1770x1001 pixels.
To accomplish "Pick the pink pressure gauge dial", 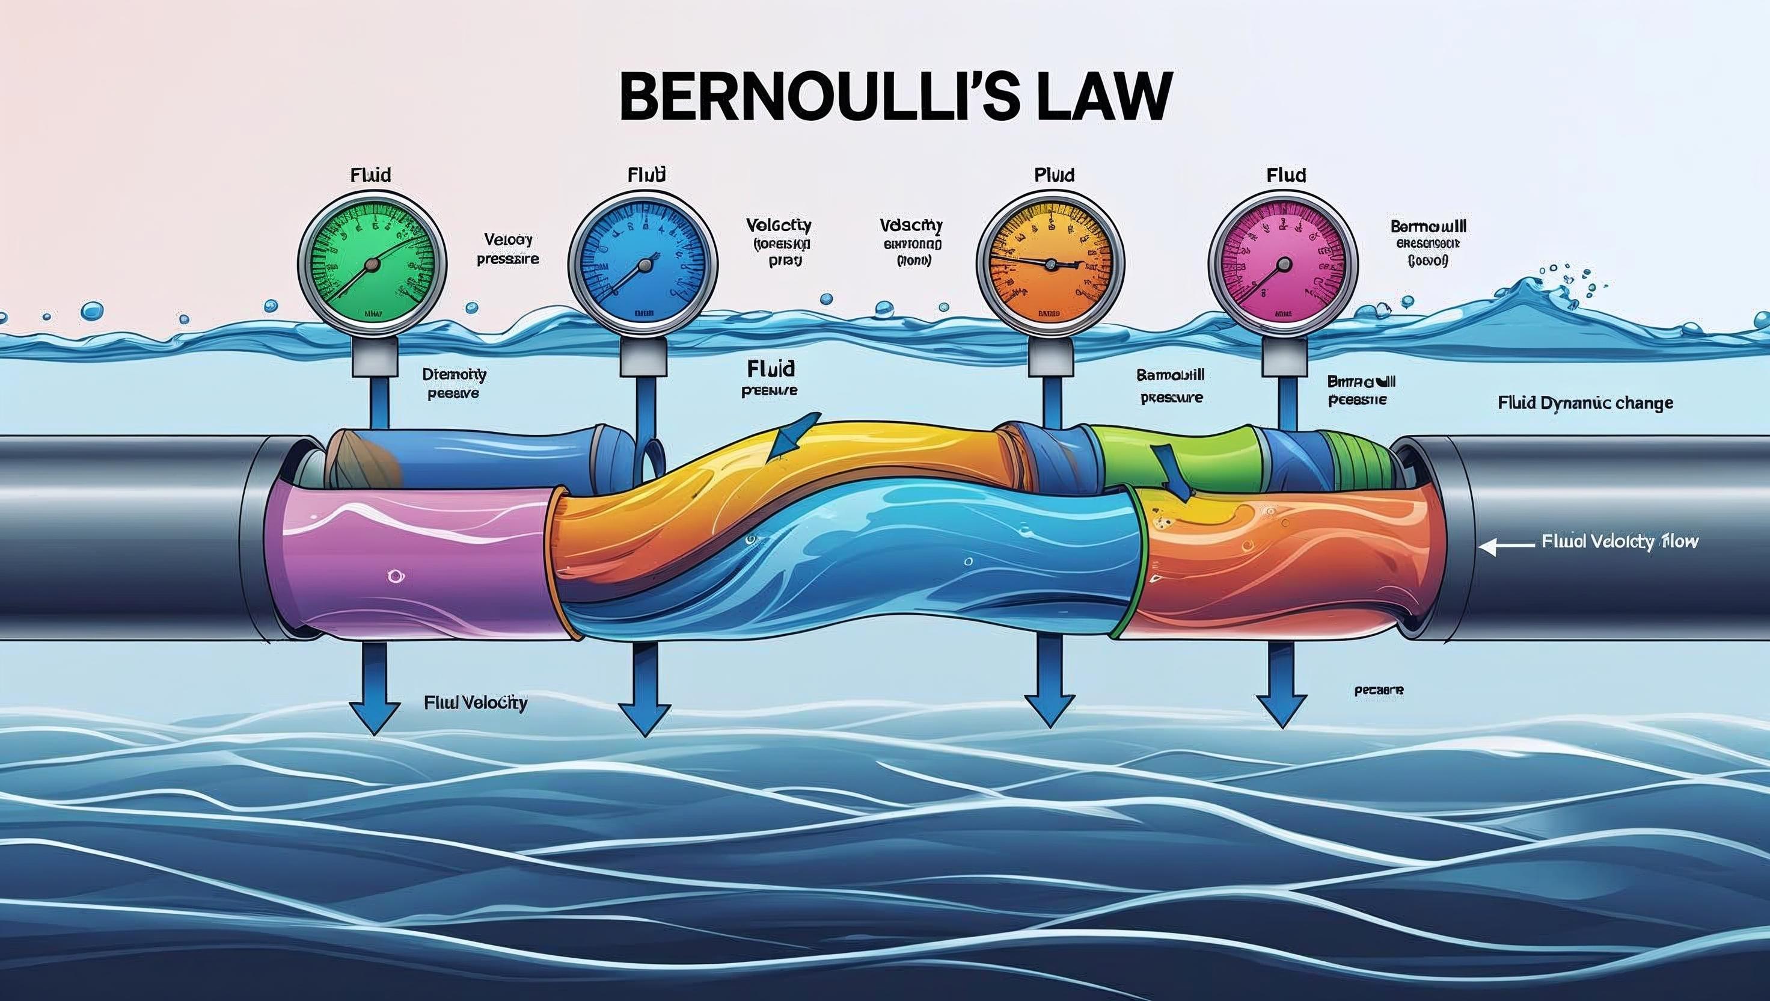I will (1283, 265).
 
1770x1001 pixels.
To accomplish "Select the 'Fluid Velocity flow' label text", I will (1620, 542).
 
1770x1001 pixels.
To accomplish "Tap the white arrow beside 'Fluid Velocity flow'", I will (1506, 547).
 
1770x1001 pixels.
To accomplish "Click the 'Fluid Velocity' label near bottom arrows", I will (476, 703).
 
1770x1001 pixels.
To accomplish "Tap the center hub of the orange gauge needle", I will (1050, 264).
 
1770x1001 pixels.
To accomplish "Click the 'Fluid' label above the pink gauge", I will (1285, 175).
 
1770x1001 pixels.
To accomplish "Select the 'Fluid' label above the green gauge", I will (370, 175).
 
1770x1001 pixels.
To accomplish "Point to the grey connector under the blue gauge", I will (643, 358).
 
